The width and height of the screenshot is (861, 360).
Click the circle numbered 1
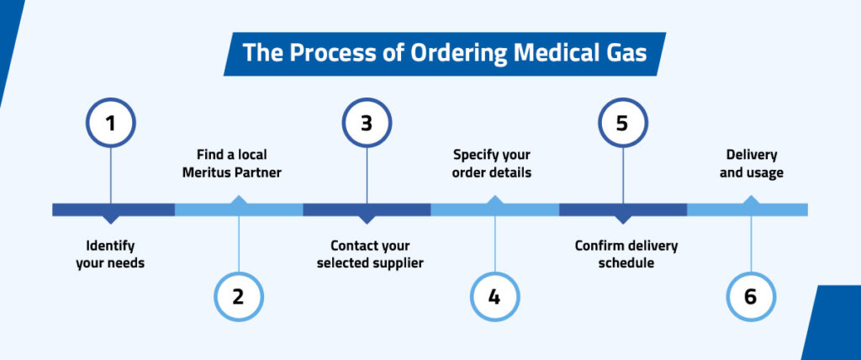110,123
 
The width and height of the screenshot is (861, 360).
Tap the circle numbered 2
239,296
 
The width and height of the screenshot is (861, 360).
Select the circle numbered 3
367,123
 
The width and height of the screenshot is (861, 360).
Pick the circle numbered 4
494,296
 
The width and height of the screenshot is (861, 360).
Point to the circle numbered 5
622,123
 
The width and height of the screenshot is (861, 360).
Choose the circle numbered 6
750,296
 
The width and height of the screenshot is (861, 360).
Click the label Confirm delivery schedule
626,255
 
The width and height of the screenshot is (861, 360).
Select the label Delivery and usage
751,164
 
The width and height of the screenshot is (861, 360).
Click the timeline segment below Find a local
239,209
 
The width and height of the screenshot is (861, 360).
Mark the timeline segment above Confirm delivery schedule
622,209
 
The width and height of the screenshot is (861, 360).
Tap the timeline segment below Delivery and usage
748,209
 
